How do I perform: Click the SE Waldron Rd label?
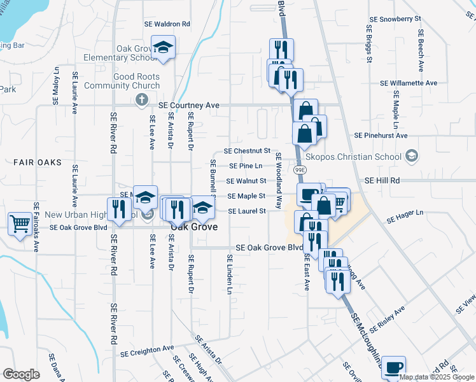168,24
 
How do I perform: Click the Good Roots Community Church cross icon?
143,101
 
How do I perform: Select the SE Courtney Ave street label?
188,104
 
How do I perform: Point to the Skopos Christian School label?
363,157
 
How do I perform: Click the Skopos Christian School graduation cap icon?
412,157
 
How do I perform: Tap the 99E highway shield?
300,170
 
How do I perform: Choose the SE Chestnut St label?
248,151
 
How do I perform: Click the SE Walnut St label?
246,181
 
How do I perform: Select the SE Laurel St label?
246,211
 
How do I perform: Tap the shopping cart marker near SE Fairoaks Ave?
20,223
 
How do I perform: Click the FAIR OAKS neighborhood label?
38,162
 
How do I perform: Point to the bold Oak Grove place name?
194,227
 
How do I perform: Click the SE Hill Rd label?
382,181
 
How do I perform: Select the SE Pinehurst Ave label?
381,136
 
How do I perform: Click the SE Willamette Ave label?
409,83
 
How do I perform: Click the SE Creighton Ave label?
147,350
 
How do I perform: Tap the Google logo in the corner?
22,374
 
